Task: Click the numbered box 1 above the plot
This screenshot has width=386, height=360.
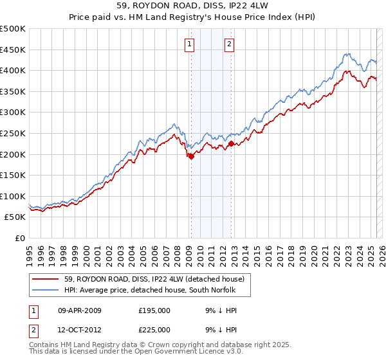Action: (x=190, y=44)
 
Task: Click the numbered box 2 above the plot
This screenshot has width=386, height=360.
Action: (x=230, y=44)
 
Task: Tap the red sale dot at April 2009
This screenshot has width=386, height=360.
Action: (x=191, y=156)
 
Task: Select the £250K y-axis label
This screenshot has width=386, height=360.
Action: (x=13, y=133)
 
